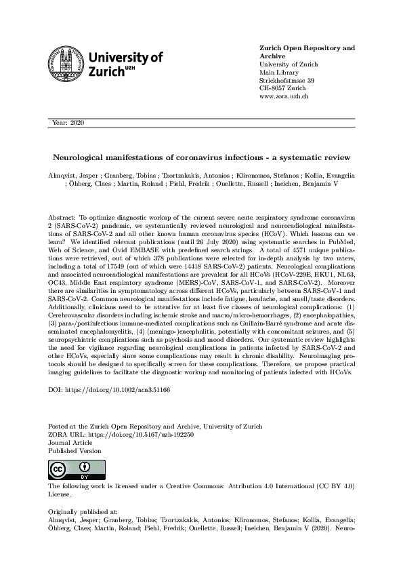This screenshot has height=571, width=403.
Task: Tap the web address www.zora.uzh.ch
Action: coord(284,97)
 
